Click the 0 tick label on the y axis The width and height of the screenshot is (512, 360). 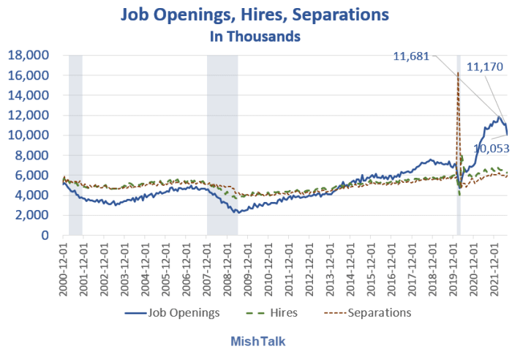pyautogui.click(x=44, y=236)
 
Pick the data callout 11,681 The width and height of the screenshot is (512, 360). pyautogui.click(x=411, y=55)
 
